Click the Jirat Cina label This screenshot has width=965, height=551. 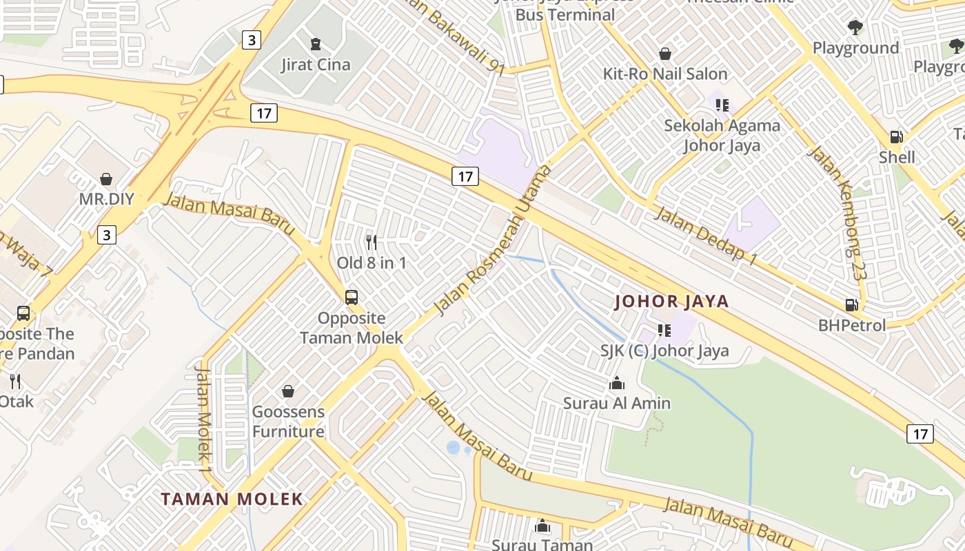[316, 65]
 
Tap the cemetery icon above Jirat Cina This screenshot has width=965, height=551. [316, 45]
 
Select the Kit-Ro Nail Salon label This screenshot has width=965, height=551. [665, 74]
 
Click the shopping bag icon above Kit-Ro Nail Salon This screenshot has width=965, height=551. [665, 54]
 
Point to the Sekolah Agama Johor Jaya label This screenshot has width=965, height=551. [722, 135]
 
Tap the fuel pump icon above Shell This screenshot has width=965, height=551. [896, 137]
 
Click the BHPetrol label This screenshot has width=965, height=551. [852, 325]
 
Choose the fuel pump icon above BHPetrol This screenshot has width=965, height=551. [852, 304]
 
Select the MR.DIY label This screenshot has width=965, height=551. [106, 199]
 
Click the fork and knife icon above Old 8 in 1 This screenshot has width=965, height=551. [372, 242]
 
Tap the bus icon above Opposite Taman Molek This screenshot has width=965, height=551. [352, 298]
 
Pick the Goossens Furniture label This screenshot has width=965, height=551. [288, 422]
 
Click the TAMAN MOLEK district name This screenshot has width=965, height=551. [232, 499]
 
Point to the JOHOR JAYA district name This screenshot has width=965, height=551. [671, 301]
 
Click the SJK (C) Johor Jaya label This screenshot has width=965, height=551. [664, 351]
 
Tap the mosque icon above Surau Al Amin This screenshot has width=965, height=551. [617, 383]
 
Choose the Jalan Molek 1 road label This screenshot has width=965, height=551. [203, 419]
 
